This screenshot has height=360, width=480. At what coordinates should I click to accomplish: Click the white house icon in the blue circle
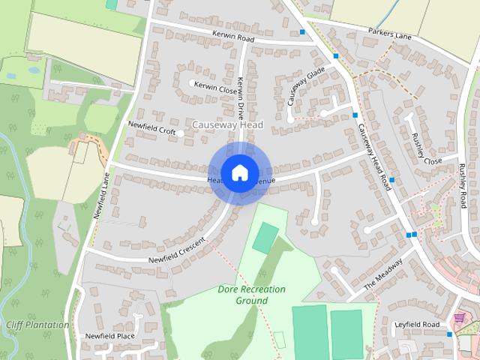tap(239, 172)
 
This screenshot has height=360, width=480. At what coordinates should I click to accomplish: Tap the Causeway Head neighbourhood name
tap(227, 124)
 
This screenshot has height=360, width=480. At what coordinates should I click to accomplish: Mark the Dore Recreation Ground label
tap(242, 295)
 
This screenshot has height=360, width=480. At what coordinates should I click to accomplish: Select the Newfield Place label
tap(109, 336)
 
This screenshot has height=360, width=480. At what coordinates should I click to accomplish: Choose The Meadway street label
tap(383, 275)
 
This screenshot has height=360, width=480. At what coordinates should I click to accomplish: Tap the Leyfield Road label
tap(417, 325)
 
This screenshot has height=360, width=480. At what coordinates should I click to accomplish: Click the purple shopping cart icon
tap(460, 318)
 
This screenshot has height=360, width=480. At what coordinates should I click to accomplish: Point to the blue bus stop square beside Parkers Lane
tap(302, 32)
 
